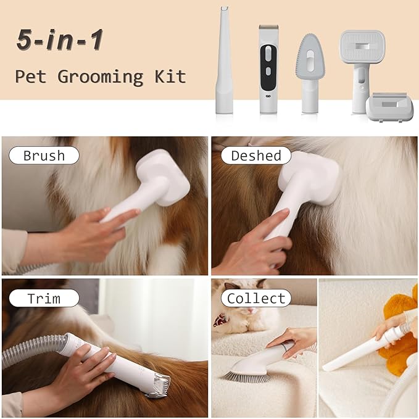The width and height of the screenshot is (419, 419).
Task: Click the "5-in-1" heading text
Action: tap(60, 40)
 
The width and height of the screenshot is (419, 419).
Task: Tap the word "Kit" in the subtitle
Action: tap(170, 77)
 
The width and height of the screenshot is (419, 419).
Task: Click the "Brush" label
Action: tap(44, 156)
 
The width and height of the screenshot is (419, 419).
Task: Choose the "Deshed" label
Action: tap(256, 156)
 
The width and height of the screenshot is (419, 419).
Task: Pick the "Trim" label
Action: tap(44, 298)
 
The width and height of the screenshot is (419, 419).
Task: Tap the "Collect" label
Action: tap(256, 298)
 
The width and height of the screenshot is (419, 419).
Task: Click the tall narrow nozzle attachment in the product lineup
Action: tap(224, 60)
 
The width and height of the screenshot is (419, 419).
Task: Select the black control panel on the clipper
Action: tap(268, 67)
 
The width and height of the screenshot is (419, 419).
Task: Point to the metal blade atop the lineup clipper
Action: tap(268, 27)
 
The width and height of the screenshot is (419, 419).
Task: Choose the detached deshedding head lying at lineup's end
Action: tap(389, 107)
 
